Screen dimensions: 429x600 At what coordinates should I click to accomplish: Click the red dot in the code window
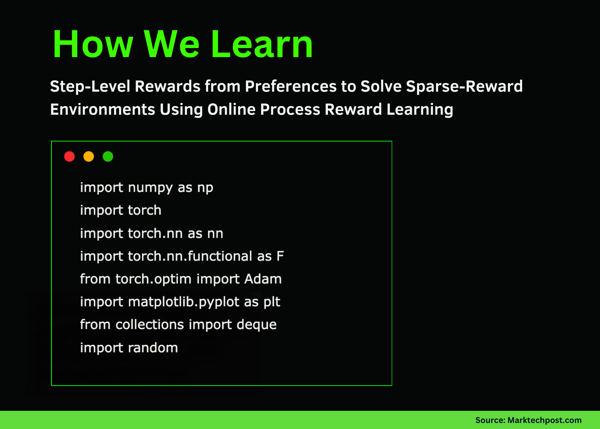(69, 156)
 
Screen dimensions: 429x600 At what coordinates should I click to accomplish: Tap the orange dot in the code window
(89, 156)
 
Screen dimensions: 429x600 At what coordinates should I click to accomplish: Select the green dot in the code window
(108, 156)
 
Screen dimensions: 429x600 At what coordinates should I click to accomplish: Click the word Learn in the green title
(262, 44)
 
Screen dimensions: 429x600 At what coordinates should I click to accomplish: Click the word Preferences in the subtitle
(290, 86)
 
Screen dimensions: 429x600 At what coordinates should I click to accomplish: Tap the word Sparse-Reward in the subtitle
(464, 86)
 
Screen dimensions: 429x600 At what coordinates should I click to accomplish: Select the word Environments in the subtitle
(103, 110)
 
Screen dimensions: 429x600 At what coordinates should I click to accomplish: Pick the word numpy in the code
(150, 188)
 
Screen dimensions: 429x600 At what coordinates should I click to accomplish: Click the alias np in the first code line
(205, 188)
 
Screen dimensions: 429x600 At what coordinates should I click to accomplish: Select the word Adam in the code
(263, 279)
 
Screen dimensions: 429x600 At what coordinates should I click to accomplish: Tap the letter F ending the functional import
(280, 256)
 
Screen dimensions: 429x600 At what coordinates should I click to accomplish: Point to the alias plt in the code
(272, 302)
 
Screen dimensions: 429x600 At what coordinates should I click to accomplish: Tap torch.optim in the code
(153, 279)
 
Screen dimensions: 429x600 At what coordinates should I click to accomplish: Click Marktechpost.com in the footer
(544, 420)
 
